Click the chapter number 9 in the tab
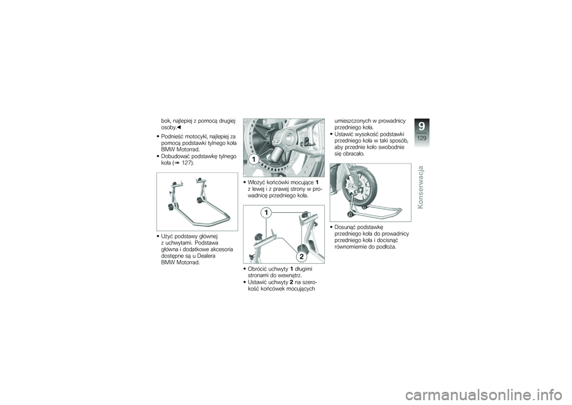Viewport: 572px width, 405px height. point(422,126)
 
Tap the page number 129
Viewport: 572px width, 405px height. point(422,138)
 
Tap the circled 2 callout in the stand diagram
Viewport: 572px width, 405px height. point(301,256)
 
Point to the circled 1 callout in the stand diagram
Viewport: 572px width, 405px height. point(266,213)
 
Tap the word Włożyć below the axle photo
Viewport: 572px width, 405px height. point(256,183)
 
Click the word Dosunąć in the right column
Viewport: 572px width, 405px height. point(345,227)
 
